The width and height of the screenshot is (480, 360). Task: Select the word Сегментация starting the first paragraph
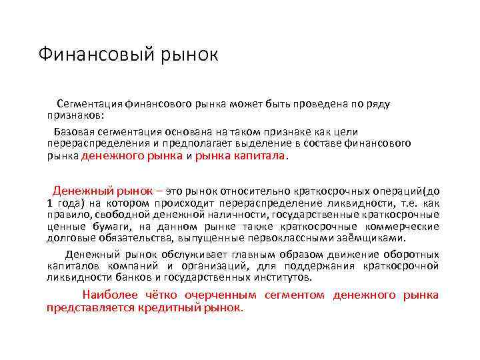pyautogui.click(x=90, y=104)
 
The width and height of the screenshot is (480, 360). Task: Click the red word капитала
pyautogui.click(x=261, y=155)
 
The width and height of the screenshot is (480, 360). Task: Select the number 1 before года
pyautogui.click(x=50, y=203)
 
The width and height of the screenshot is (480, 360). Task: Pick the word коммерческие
pyautogui.click(x=406, y=226)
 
